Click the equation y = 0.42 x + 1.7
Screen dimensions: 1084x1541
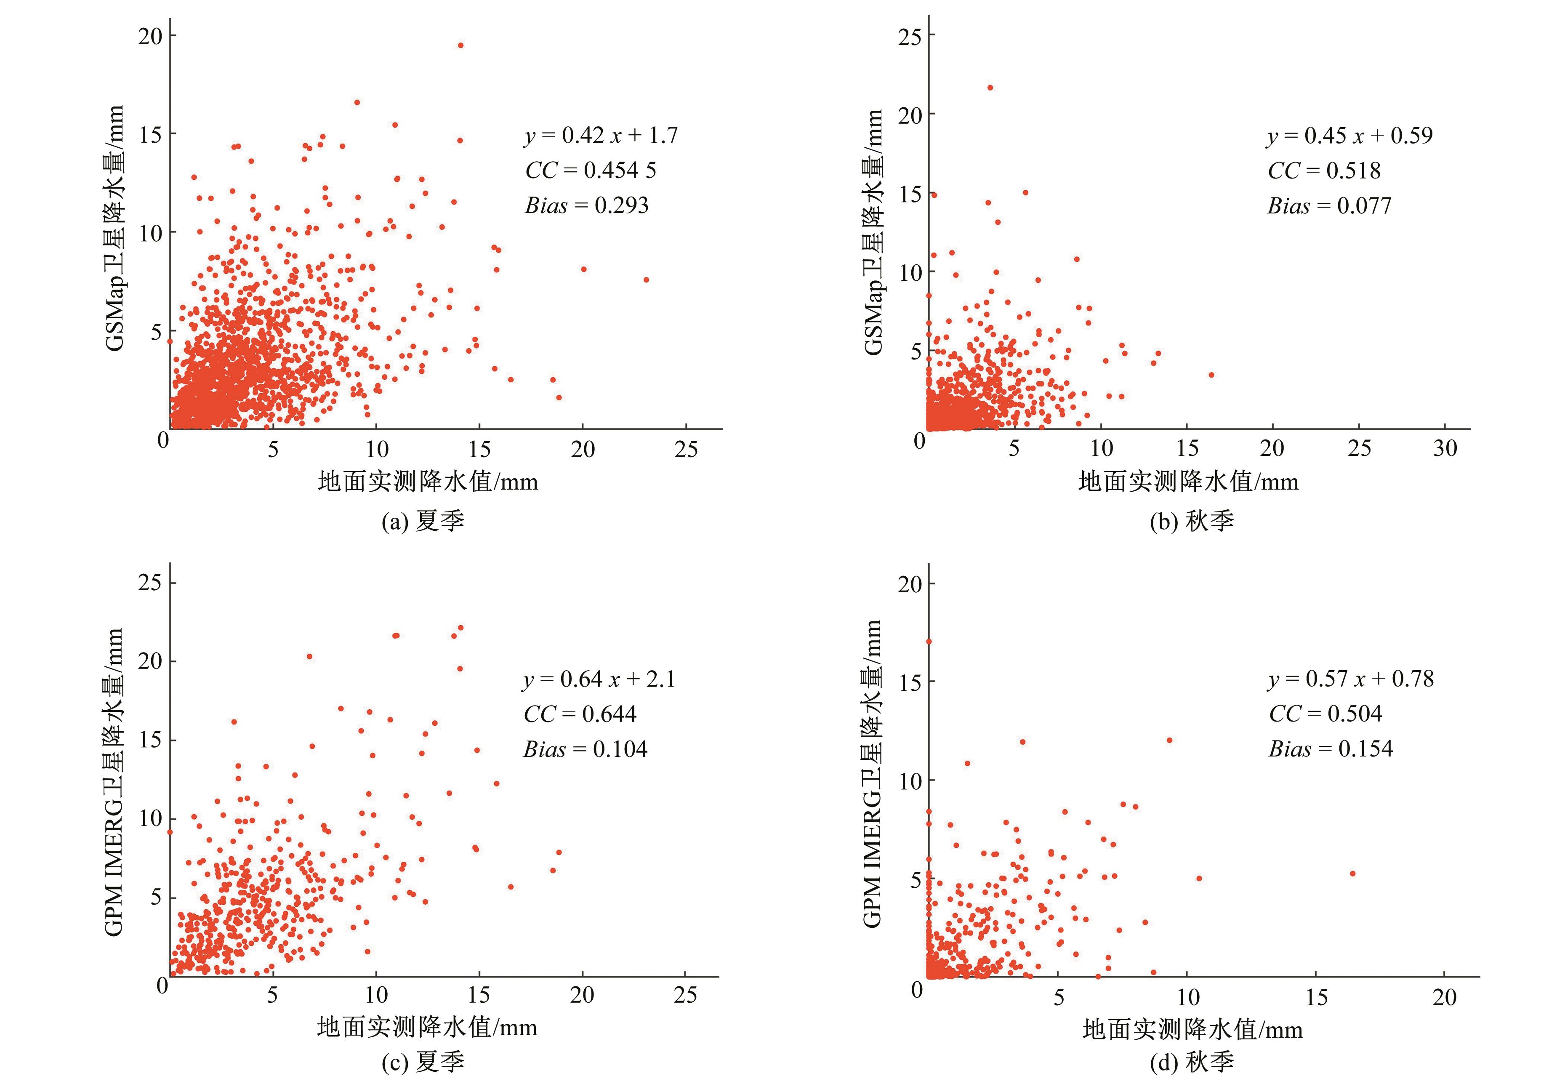[601, 136]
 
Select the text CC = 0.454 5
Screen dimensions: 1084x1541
[591, 170]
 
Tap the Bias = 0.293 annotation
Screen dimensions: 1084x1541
[587, 205]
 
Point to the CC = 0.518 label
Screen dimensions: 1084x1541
[1323, 170]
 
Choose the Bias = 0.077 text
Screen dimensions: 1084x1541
[1329, 205]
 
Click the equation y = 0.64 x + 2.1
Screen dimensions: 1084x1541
[599, 679]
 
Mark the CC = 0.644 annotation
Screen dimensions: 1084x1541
[580, 714]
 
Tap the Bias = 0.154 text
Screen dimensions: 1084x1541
[1330, 748]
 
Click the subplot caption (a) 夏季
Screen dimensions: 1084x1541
[423, 521]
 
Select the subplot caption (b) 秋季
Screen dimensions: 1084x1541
[1191, 521]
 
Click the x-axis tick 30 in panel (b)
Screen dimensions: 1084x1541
[1445, 448]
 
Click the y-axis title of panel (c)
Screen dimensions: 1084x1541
[114, 782]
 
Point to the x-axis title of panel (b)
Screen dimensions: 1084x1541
[1188, 482]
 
